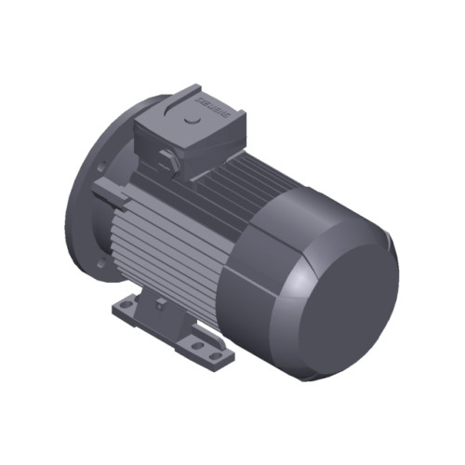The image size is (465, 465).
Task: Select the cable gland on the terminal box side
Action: coord(166,160)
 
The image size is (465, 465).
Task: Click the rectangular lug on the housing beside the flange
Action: coord(108,195)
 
